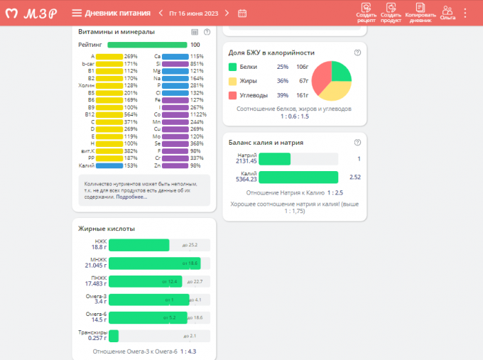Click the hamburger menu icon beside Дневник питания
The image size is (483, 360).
77,13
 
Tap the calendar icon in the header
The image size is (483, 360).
242,13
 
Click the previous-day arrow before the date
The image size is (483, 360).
161,13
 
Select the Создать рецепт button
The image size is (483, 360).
367,12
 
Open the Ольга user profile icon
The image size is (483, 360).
447,12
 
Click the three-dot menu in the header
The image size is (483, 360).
465,13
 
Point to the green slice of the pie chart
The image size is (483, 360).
340,70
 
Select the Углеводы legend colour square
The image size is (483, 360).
232,94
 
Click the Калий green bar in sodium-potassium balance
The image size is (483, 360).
298,177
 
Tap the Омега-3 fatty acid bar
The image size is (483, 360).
148,300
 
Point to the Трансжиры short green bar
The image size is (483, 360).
114,335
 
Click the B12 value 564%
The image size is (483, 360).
131,114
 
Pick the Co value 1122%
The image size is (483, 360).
197,114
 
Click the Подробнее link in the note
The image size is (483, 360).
132,197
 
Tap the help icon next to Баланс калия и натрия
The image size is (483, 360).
357,142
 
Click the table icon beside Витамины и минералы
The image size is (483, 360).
195,32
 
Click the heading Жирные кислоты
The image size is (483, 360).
107,229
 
